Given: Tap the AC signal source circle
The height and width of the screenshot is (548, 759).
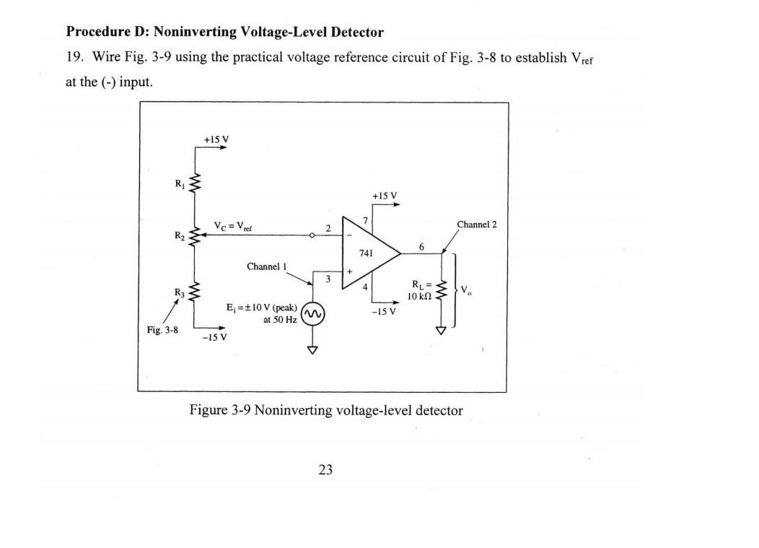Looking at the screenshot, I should click(x=312, y=314).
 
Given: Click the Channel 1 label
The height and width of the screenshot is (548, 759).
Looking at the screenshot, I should click(x=267, y=266).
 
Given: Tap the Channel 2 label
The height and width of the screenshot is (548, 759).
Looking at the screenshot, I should click(x=477, y=225).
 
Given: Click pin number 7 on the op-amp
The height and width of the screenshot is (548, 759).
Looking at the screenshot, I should click(x=366, y=219).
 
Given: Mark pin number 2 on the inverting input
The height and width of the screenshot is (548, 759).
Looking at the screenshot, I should click(x=328, y=228).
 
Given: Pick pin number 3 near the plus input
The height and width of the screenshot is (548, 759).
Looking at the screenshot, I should click(x=328, y=278).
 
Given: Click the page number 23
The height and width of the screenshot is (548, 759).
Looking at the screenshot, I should click(x=325, y=470).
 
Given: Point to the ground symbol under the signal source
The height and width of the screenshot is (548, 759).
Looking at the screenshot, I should click(x=312, y=350).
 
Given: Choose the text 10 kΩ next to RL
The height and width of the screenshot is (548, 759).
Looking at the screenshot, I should click(x=419, y=297).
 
